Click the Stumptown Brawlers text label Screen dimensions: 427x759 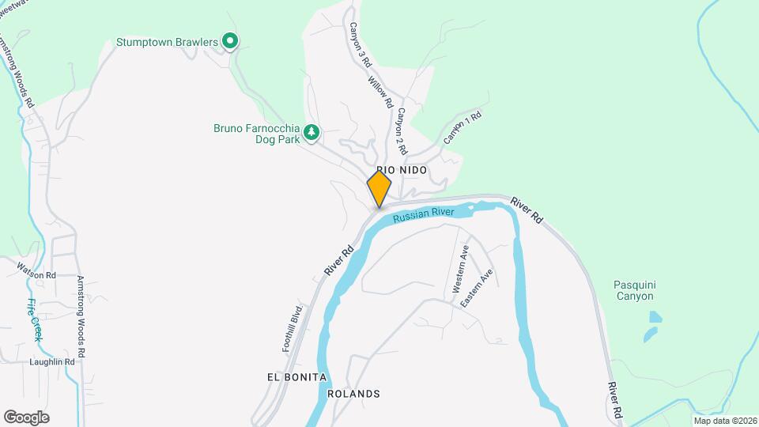pyautogui.click(x=167, y=41)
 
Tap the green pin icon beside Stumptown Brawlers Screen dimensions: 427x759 pyautogui.click(x=230, y=40)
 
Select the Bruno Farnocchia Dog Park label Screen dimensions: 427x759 pyautogui.click(x=257, y=134)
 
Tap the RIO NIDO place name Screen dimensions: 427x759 pyautogui.click(x=402, y=170)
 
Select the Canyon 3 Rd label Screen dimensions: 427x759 pyautogui.click(x=361, y=44)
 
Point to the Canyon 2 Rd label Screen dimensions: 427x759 pyautogui.click(x=401, y=130)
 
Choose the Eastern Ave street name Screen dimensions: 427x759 pyautogui.click(x=478, y=289)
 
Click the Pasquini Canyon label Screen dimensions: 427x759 pyautogui.click(x=635, y=290)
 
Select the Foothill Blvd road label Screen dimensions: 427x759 pyautogui.click(x=293, y=328)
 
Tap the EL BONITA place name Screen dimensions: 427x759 pyautogui.click(x=296, y=377)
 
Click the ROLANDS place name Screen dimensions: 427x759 pyautogui.click(x=353, y=394)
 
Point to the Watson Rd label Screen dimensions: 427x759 pyautogui.click(x=36, y=275)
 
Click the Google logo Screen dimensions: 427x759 pyautogui.click(x=26, y=417)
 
